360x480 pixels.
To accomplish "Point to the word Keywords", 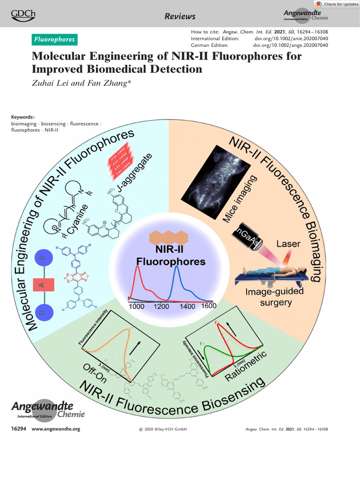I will tap(22, 117).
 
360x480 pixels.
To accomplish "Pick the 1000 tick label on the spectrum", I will tap(136, 306).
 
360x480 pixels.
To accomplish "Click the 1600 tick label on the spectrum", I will tap(208, 306).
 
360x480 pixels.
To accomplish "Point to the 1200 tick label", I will tap(161, 306).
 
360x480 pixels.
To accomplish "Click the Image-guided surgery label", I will tap(275, 297).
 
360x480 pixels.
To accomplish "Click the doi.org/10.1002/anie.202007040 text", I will tap(291, 38).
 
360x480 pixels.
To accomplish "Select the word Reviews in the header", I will tap(180, 17).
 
